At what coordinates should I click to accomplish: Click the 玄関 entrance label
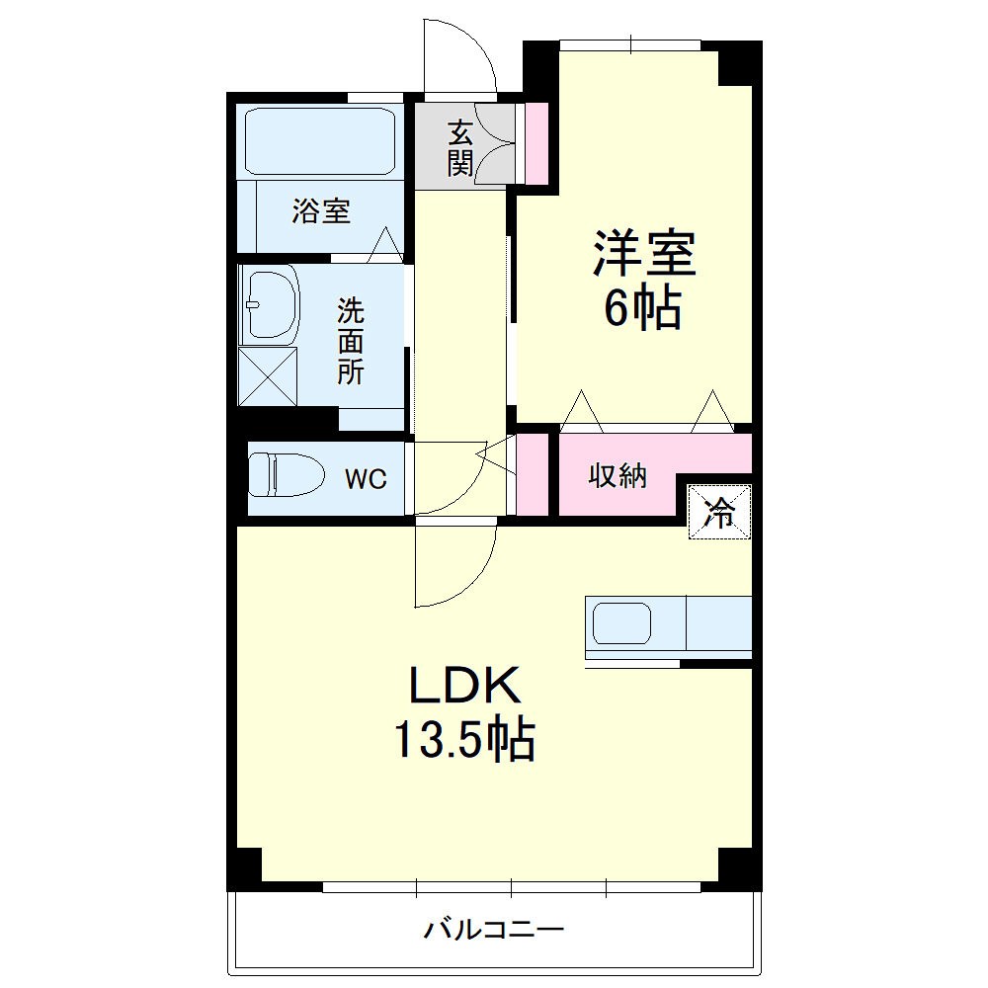pyautogui.click(x=459, y=147)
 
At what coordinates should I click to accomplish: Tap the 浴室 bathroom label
pyautogui.click(x=321, y=210)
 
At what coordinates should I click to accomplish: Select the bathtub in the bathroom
pyautogui.click(x=319, y=140)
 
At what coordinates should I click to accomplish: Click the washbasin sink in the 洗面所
pyautogui.click(x=270, y=303)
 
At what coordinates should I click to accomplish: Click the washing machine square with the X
pyautogui.click(x=269, y=375)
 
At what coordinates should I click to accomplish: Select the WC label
pyautogui.click(x=365, y=480)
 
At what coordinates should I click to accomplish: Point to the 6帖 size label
pyautogui.click(x=643, y=310)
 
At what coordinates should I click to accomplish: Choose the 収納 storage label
pyautogui.click(x=618, y=476)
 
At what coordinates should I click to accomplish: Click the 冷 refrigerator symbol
pyautogui.click(x=720, y=512)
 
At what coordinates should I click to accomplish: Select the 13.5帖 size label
pyautogui.click(x=464, y=739)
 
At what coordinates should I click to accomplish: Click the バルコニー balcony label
pyautogui.click(x=494, y=930)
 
